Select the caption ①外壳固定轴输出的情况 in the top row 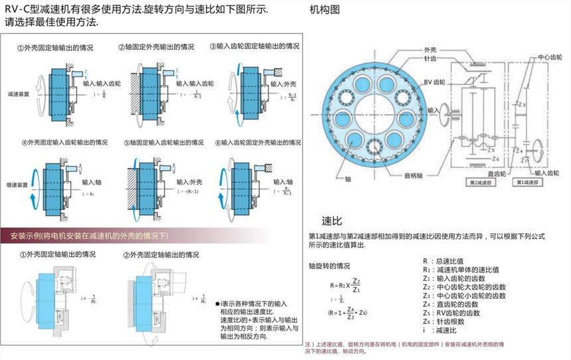pyautogui.click(x=55, y=48)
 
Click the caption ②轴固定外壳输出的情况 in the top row pyautogui.click(x=155, y=48)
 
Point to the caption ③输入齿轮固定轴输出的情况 pyautogui.click(x=254, y=47)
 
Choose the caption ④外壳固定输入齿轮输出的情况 pyautogui.click(x=64, y=142)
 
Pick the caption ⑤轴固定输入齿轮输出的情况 pyautogui.click(x=164, y=142)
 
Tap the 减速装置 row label pyautogui.click(x=19, y=94)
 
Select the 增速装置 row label pyautogui.click(x=17, y=185)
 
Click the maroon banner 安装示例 pyautogui.click(x=90, y=236)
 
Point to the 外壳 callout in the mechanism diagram pyautogui.click(x=430, y=50)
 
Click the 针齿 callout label pyautogui.click(x=430, y=59)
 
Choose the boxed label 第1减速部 pyautogui.click(x=527, y=182)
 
